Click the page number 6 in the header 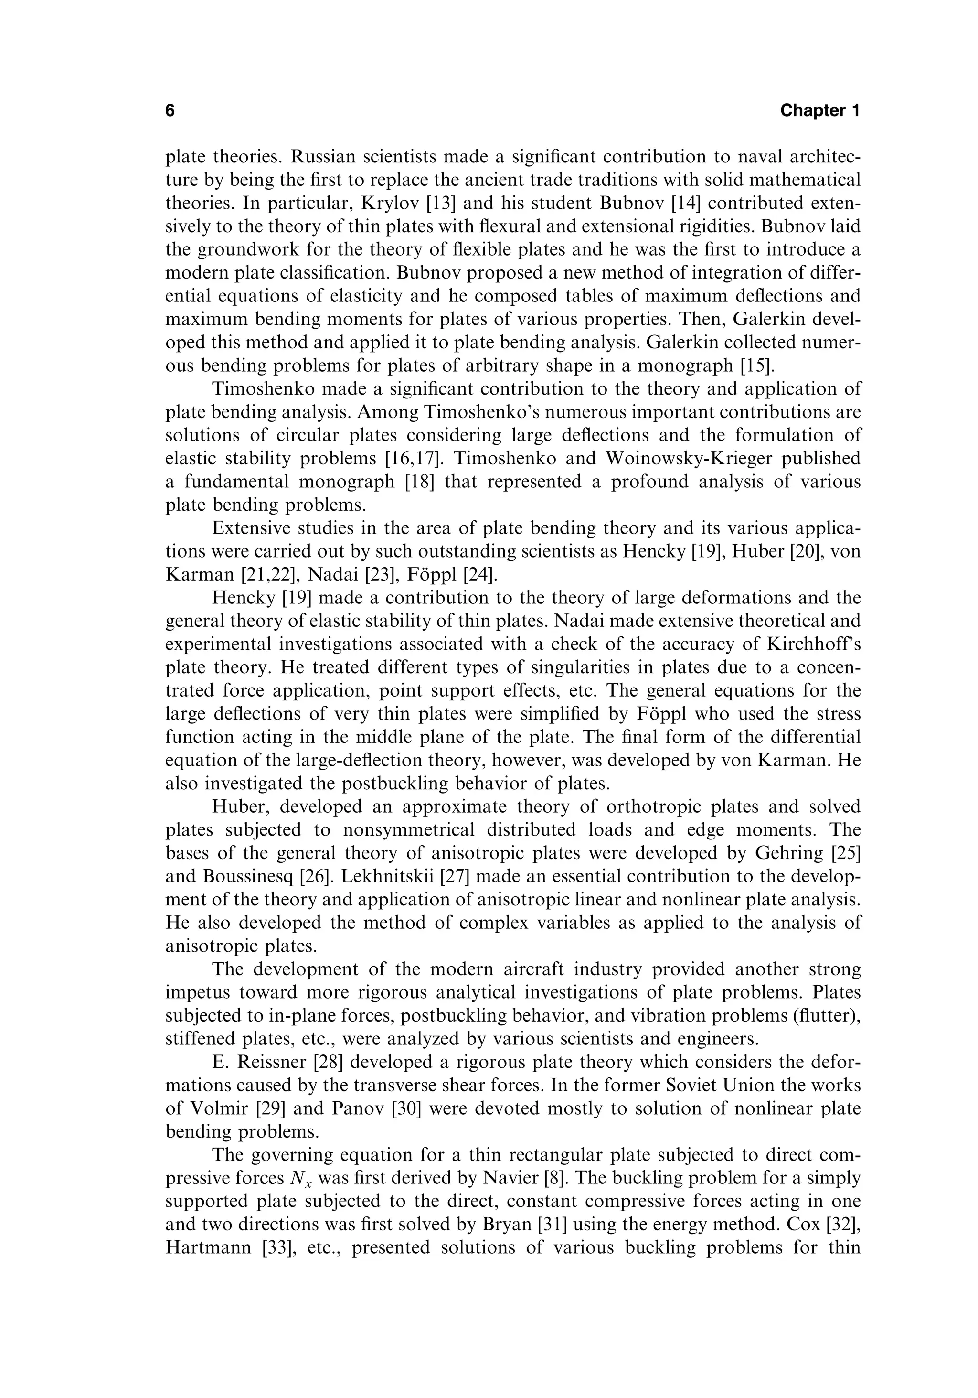pos(170,111)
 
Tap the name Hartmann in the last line pos(208,1247)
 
